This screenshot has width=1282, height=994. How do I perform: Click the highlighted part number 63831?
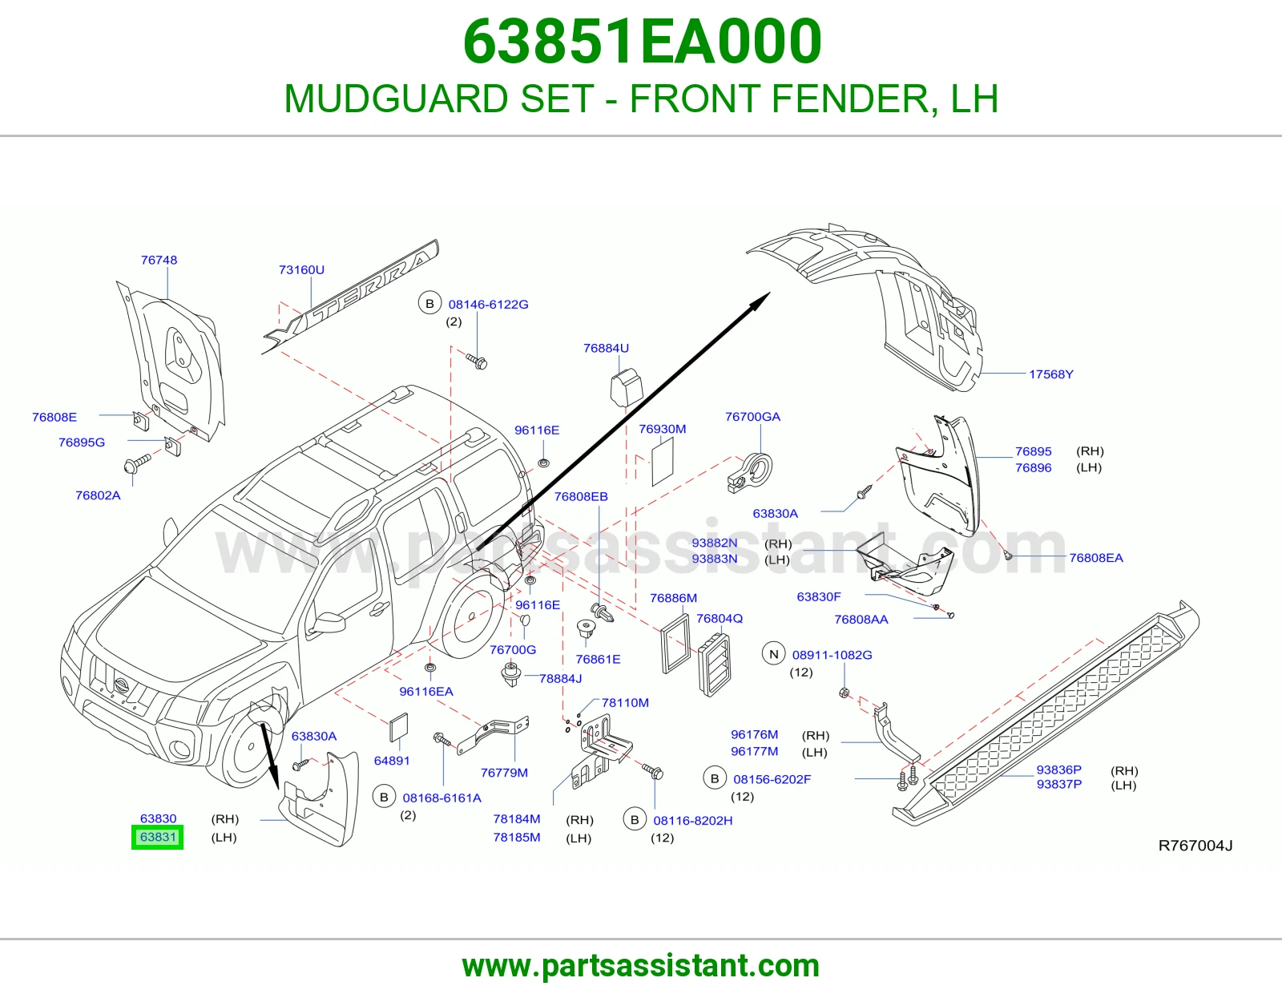click(x=158, y=837)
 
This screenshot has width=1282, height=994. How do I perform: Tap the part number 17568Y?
click(x=1050, y=374)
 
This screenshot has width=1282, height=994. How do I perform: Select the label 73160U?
click(x=301, y=270)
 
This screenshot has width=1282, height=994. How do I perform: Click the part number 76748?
click(x=159, y=260)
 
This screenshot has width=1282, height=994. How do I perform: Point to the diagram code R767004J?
click(x=1195, y=846)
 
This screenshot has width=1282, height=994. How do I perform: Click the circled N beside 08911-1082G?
click(x=773, y=654)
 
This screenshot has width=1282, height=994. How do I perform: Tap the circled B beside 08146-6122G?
click(x=429, y=303)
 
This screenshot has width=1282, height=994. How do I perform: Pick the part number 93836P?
click(x=1059, y=770)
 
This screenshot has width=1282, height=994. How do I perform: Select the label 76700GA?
click(x=752, y=417)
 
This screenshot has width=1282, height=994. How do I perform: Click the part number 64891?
click(x=392, y=760)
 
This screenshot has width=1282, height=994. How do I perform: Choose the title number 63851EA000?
click(x=642, y=42)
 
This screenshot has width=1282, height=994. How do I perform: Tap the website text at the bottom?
click(x=641, y=966)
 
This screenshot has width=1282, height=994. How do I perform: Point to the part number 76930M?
click(x=662, y=429)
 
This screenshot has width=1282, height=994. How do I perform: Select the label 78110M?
click(x=625, y=702)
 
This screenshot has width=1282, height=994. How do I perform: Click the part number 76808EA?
click(x=1095, y=558)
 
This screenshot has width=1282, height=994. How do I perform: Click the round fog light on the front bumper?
click(x=179, y=749)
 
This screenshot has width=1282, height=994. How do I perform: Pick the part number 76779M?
click(x=504, y=773)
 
